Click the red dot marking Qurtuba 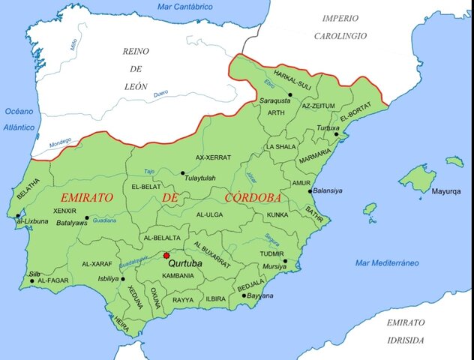click(x=166, y=256)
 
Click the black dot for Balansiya click(x=310, y=191)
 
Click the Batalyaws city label click(x=70, y=223)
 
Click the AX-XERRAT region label click(x=213, y=157)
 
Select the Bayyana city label click(x=260, y=295)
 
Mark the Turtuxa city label click(x=327, y=128)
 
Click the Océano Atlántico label click(x=19, y=119)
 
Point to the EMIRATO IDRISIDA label click(x=406, y=329)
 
